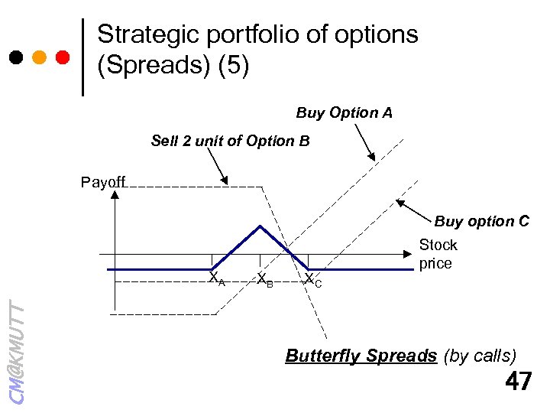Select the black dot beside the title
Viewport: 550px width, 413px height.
point(15,57)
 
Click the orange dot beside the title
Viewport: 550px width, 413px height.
point(40,57)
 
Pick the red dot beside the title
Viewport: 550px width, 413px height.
point(63,57)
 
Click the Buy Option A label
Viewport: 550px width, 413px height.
point(344,113)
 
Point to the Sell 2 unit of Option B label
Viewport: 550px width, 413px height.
point(230,141)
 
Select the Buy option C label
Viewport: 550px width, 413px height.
point(481,222)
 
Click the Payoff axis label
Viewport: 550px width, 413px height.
point(103,182)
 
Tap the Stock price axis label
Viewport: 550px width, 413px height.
point(438,254)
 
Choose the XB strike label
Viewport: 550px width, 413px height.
point(264,279)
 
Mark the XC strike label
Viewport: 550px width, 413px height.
point(312,280)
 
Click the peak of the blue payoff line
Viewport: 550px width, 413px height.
point(260,226)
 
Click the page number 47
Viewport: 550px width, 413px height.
point(518,380)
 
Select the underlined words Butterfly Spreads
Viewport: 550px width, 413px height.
point(360,356)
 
